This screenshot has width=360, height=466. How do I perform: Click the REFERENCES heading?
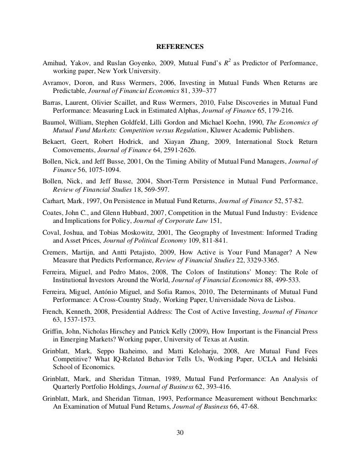click(x=180, y=47)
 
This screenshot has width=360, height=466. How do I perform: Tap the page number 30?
click(x=180, y=433)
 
